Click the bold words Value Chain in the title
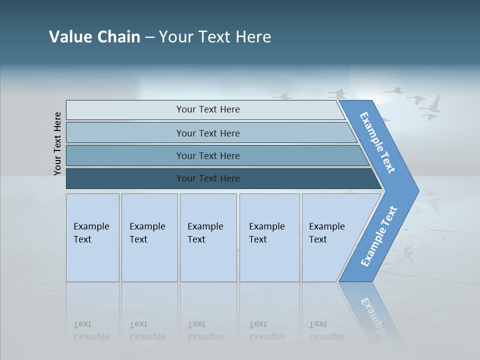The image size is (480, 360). (94, 37)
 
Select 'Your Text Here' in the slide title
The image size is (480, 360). (215, 37)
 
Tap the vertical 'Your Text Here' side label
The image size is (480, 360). (58, 143)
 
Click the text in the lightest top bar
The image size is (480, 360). (208, 109)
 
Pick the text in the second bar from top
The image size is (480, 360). (208, 133)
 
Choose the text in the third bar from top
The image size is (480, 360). (208, 156)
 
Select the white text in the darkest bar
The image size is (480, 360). (208, 178)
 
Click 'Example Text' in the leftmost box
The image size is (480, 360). (91, 233)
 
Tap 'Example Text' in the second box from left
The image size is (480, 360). (147, 233)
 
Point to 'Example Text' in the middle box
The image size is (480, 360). (205, 233)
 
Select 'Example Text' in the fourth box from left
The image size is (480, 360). (266, 233)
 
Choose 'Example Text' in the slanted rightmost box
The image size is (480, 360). (326, 233)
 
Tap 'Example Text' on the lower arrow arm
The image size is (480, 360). (378, 236)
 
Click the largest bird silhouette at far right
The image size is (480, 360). (431, 108)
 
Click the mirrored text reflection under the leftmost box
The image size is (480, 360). (91, 330)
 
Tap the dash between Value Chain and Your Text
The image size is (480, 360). (149, 37)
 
